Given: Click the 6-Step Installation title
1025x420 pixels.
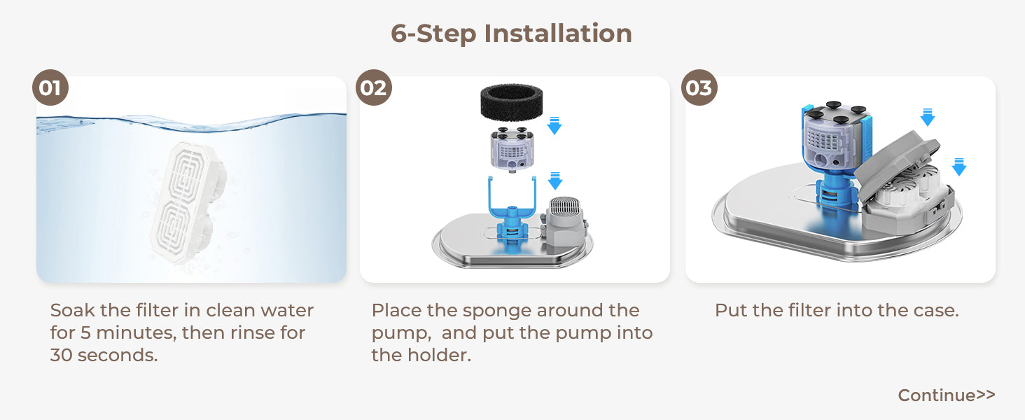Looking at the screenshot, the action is coord(512,34).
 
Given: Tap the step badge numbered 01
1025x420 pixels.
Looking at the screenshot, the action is coord(50,87).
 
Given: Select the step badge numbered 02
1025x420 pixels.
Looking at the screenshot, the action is coord(374,87).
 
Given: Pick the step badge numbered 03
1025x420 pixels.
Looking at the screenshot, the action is coord(699,87).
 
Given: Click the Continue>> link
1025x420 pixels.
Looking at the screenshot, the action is coord(947,395).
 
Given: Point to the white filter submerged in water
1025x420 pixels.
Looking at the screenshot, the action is coord(188,202).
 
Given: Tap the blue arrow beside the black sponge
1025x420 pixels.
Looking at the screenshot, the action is coord(555,126).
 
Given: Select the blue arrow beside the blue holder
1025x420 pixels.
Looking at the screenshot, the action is coord(555,181).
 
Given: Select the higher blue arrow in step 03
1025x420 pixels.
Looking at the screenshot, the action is coord(928,117).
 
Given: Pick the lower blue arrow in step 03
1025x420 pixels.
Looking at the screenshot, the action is coord(959,167).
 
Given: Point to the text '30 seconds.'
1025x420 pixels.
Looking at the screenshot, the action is coord(104,356).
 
